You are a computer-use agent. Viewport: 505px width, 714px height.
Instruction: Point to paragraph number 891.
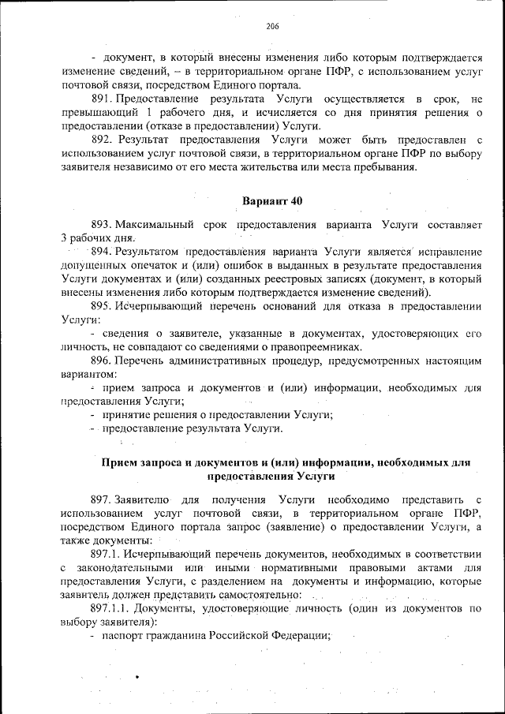tap(103, 99)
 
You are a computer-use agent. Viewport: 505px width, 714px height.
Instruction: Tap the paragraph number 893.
tap(103, 226)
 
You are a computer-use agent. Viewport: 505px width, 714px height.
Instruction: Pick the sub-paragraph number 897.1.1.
tap(110, 609)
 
